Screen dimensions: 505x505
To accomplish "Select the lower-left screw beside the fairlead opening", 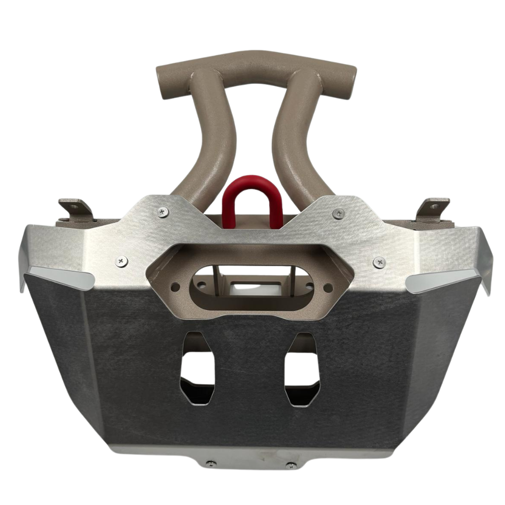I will (122, 261).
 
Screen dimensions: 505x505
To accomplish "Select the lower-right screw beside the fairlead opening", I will (380, 262).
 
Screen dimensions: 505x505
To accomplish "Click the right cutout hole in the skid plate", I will (302, 369).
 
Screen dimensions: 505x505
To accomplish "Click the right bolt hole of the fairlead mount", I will (328, 287).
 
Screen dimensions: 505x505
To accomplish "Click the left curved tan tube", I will (212, 136).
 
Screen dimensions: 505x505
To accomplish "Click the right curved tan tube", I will (295, 136).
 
